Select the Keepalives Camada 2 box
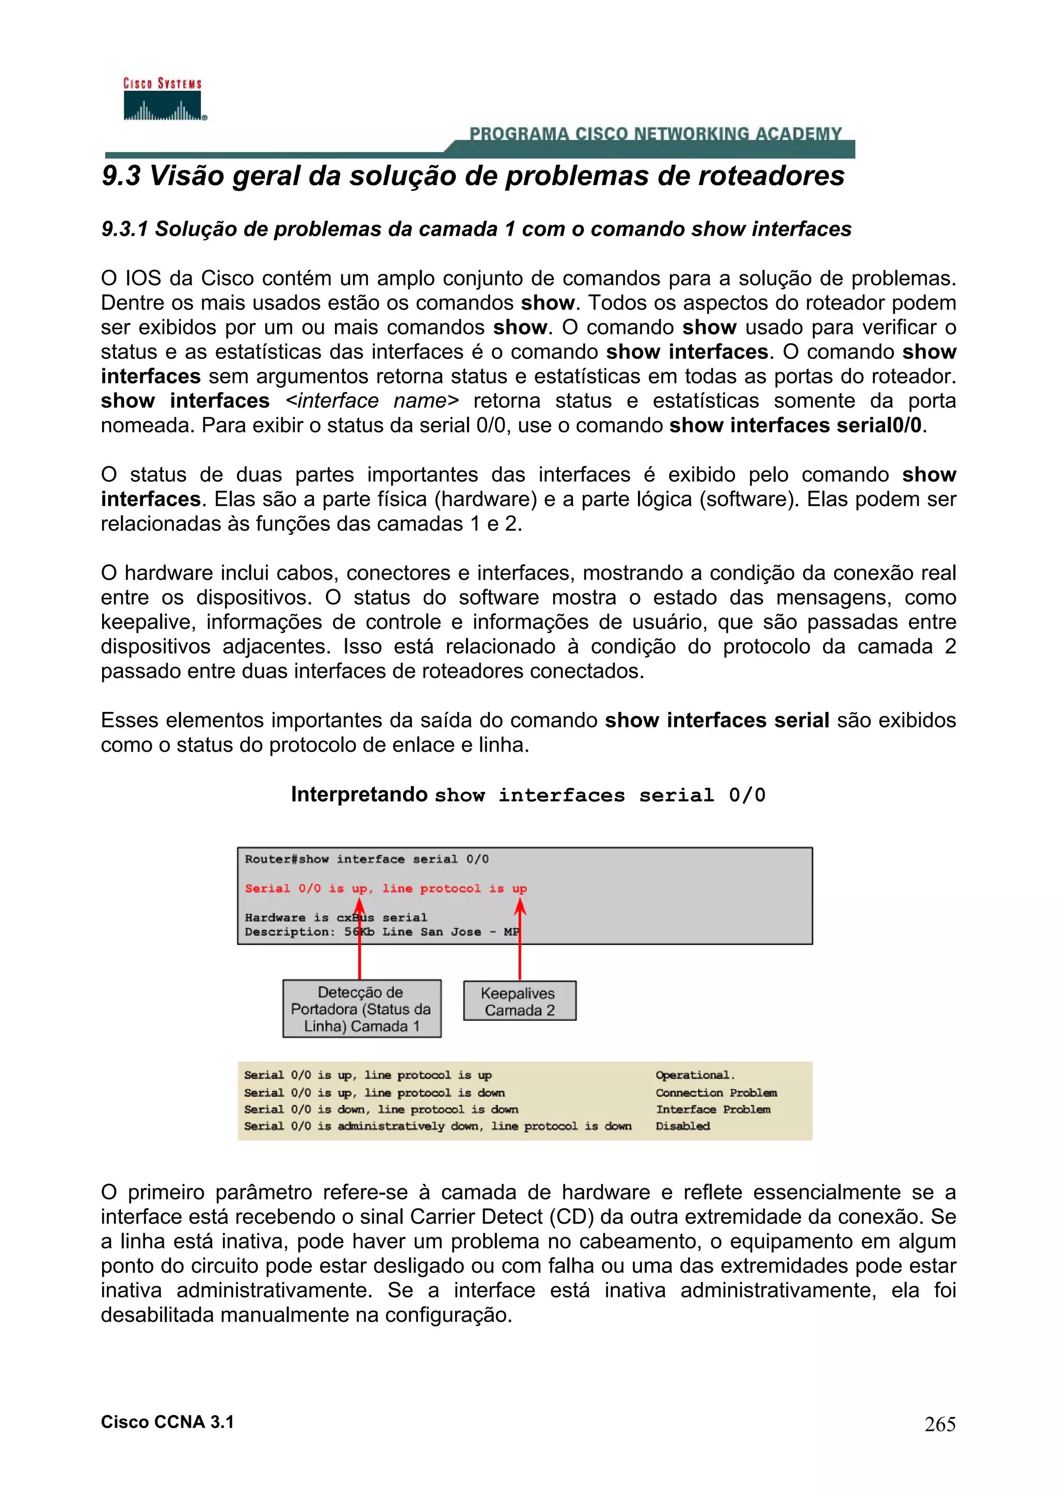click(519, 1001)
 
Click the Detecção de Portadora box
click(361, 1009)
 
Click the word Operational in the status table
click(694, 1075)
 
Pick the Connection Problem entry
click(716, 1093)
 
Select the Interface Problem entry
click(712, 1110)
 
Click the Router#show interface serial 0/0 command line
click(366, 859)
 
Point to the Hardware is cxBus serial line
click(336, 917)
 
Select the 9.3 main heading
click(473, 176)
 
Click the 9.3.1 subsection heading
click(476, 229)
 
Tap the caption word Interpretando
click(359, 794)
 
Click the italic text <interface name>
click(372, 400)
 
